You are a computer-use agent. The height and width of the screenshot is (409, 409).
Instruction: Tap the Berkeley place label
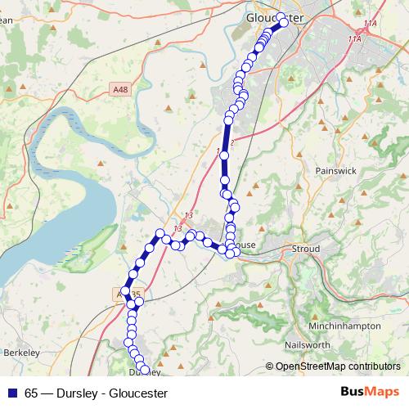click(x=22, y=352)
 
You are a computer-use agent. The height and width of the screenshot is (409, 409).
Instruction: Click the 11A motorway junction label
click(x=355, y=38)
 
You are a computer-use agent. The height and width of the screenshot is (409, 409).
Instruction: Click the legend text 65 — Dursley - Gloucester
click(x=97, y=393)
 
